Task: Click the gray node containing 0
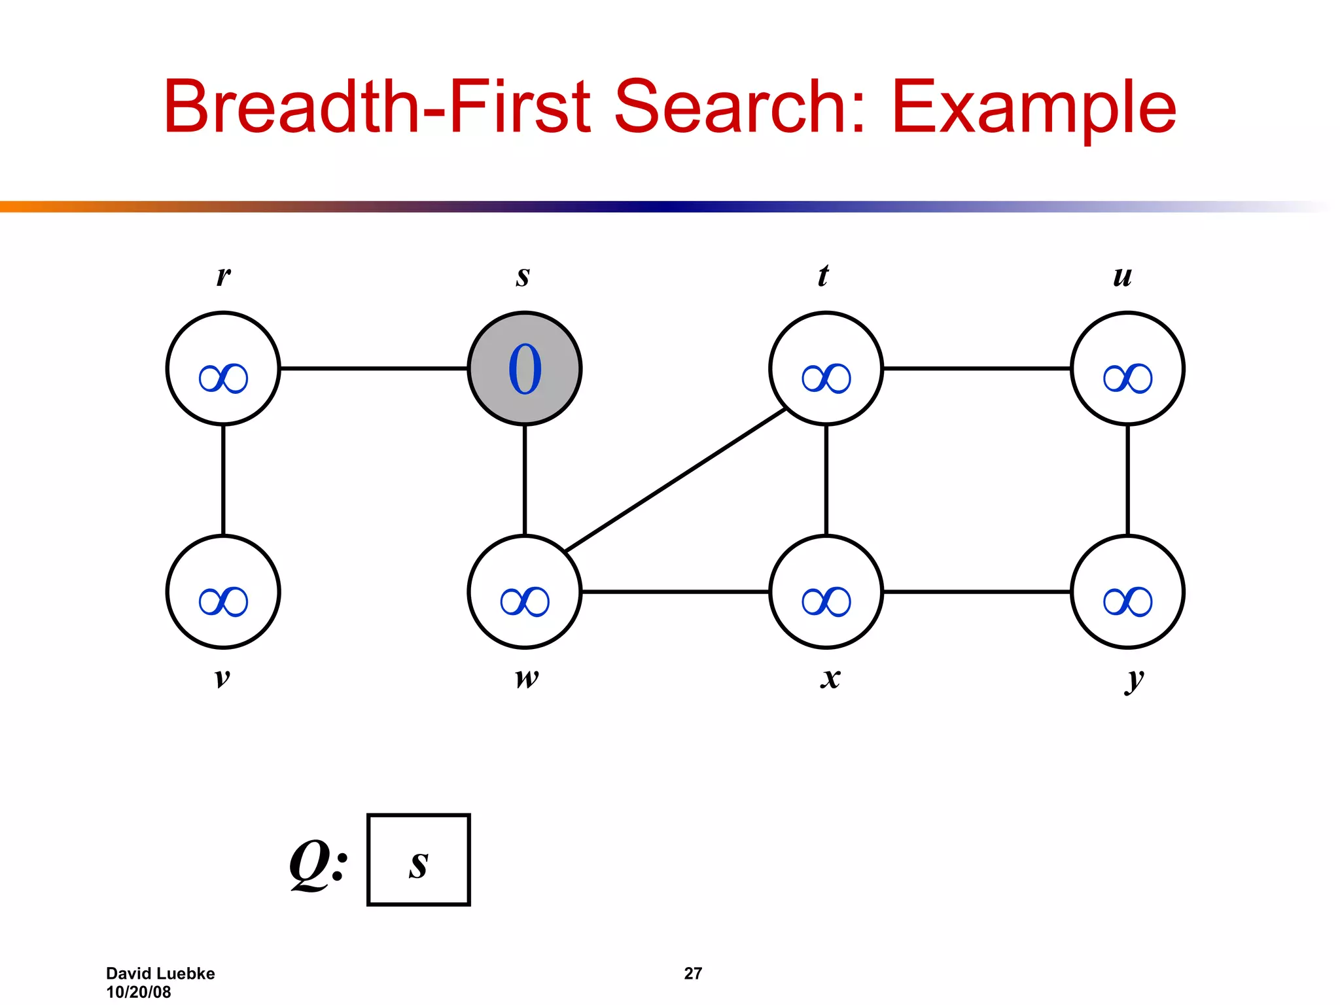pyautogui.click(x=524, y=368)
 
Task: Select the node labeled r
pyautogui.click(x=223, y=368)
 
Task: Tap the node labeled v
pyautogui.click(x=223, y=591)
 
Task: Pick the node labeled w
pyautogui.click(x=524, y=591)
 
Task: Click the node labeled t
pyautogui.click(x=826, y=368)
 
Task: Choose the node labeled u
pyautogui.click(x=1127, y=368)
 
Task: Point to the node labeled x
pyautogui.click(x=826, y=591)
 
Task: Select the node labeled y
pyautogui.click(x=1127, y=591)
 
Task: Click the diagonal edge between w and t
pyautogui.click(x=675, y=480)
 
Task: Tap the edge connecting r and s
pyautogui.click(x=374, y=368)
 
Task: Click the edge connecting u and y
pyautogui.click(x=1127, y=480)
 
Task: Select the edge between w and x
pyautogui.click(x=675, y=591)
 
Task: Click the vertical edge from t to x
pyautogui.click(x=826, y=480)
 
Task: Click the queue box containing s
pyautogui.click(x=419, y=860)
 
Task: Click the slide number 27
pyautogui.click(x=693, y=974)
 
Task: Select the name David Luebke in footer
pyautogui.click(x=160, y=974)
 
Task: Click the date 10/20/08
pyautogui.click(x=138, y=992)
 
